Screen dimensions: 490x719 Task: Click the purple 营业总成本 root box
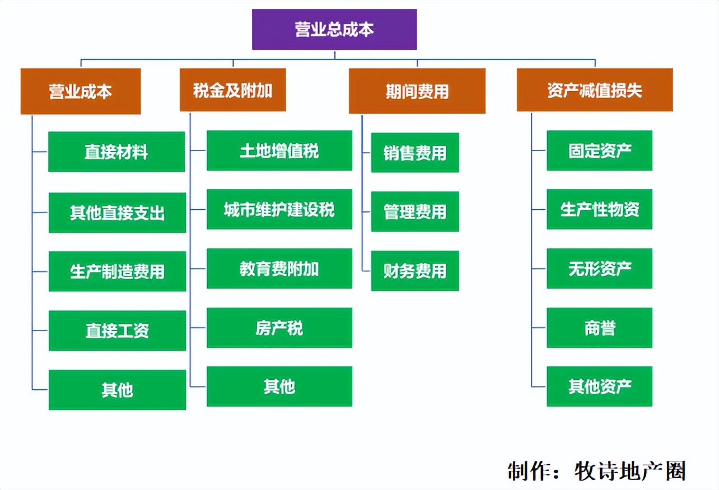[x=334, y=29]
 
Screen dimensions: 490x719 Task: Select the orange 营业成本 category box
[x=80, y=91]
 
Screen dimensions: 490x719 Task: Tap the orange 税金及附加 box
[x=232, y=90]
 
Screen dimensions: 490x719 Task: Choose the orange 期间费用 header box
[x=417, y=91]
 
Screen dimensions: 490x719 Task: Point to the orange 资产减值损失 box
[x=594, y=90]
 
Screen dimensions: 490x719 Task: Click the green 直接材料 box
[x=116, y=152]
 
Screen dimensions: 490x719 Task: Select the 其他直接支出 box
[x=117, y=213]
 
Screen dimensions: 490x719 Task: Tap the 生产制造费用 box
[x=117, y=271]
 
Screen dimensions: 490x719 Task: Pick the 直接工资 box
[x=117, y=331]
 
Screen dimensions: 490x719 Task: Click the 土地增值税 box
[x=279, y=150]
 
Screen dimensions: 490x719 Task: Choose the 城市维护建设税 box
[x=279, y=209]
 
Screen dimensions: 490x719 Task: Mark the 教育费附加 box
[x=279, y=268]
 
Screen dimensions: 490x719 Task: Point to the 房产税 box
[x=279, y=327]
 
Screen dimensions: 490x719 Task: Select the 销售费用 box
[x=415, y=152]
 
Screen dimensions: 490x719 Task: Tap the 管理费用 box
[x=415, y=211]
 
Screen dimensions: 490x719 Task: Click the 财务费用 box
[x=415, y=271]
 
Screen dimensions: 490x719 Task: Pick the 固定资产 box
[x=599, y=150]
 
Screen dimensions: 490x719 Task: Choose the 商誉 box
[x=599, y=327]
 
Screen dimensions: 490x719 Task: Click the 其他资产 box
[x=599, y=386]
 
